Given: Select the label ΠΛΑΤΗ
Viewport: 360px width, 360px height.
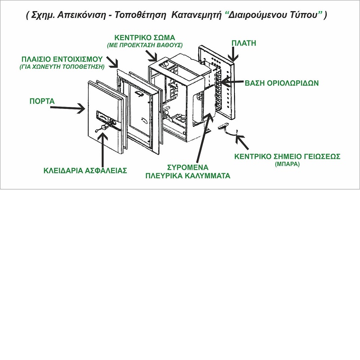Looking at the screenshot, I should [x=243, y=43].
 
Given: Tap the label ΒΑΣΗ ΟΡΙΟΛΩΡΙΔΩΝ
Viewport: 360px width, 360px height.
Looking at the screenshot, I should [x=282, y=83].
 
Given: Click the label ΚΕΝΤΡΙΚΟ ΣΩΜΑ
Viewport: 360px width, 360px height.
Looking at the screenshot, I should [x=144, y=37].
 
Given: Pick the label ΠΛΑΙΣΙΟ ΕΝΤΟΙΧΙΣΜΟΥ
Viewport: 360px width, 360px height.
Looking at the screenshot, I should [x=62, y=59].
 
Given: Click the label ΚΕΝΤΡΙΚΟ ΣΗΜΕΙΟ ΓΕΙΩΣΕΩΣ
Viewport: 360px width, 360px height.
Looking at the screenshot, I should [x=287, y=157].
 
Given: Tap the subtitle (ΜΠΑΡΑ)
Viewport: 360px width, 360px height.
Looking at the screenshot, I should [x=287, y=165].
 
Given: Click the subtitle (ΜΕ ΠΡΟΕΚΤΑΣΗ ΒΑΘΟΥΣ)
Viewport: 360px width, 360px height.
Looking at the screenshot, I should [x=144, y=45].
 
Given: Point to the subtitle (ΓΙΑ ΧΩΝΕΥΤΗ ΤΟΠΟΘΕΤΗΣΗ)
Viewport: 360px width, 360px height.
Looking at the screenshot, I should [x=62, y=67].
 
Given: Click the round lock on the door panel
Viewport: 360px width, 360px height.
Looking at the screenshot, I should [x=103, y=128].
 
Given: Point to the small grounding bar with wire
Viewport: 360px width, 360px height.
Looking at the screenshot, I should [x=226, y=129].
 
